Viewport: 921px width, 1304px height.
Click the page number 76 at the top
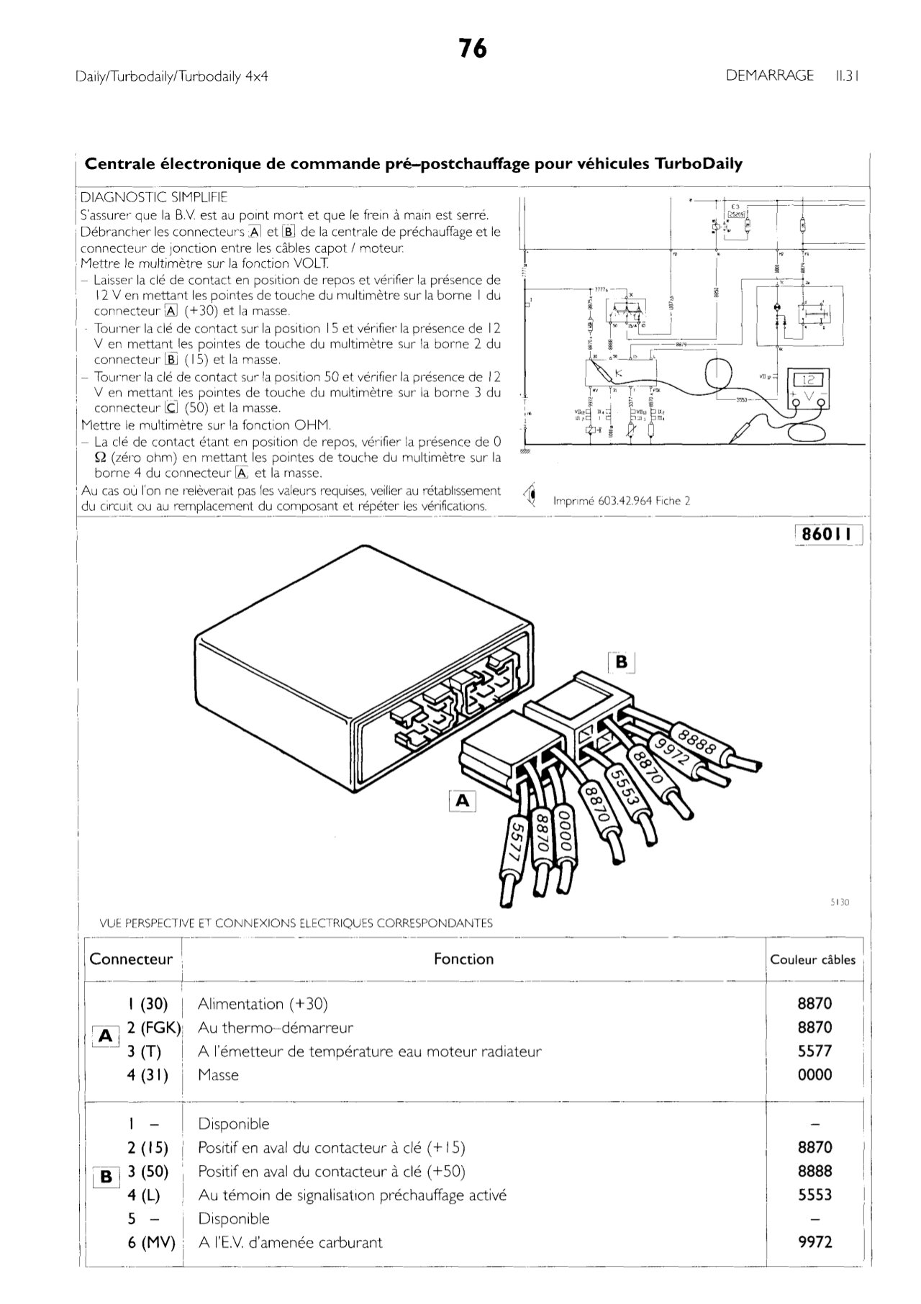point(473,49)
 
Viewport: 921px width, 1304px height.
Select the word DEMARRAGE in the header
point(770,76)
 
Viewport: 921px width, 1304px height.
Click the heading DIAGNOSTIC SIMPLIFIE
point(154,196)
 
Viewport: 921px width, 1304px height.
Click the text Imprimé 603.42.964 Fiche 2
point(622,501)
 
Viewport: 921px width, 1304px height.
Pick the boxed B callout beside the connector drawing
point(622,661)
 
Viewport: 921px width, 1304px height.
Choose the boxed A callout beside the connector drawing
point(463,800)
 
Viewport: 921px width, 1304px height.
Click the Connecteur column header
point(131,959)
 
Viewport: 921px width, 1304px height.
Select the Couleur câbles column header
point(813,959)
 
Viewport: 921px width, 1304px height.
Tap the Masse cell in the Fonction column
point(218,1075)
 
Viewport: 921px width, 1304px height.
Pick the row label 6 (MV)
point(152,1242)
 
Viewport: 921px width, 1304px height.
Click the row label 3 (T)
point(144,1051)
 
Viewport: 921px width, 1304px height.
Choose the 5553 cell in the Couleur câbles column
point(815,1195)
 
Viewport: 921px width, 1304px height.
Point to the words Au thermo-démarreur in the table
point(276,1028)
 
